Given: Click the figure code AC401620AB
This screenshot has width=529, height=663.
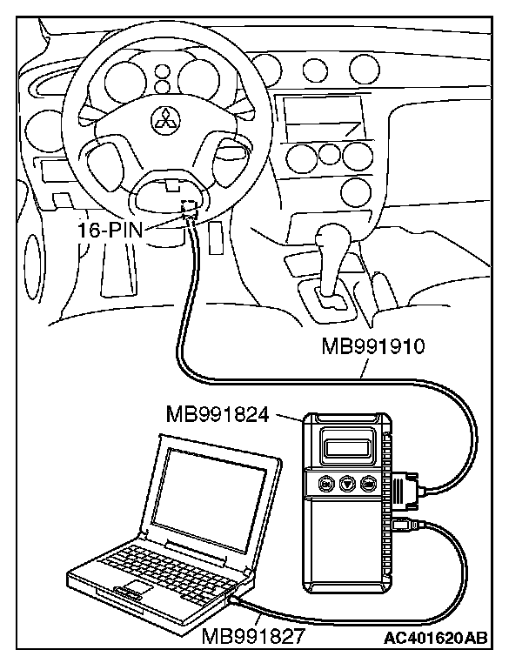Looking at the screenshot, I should [435, 638].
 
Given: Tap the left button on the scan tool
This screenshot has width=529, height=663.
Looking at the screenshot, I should [324, 484].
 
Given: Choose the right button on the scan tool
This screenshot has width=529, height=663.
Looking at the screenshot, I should [369, 485].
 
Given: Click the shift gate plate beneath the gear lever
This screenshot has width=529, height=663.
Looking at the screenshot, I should [330, 299].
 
